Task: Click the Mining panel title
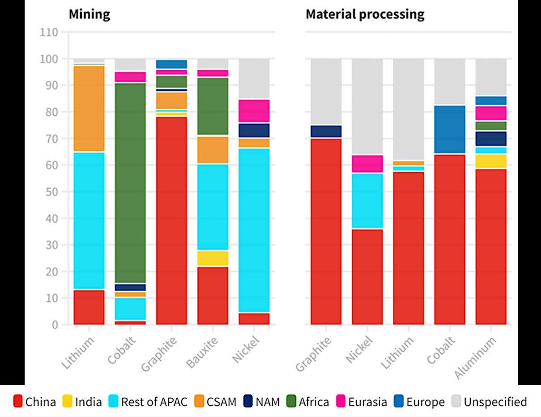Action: click(89, 14)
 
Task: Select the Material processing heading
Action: click(365, 14)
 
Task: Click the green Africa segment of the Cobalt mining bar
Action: click(130, 183)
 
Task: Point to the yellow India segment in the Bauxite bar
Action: click(213, 258)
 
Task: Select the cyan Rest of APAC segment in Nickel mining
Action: click(254, 230)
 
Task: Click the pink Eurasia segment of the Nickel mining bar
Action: click(254, 111)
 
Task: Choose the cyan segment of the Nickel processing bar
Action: click(367, 201)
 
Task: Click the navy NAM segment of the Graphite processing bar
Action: click(326, 131)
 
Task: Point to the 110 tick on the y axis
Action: click(49, 32)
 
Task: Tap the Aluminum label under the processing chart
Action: click(476, 358)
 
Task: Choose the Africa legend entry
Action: click(307, 402)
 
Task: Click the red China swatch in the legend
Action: click(18, 402)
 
